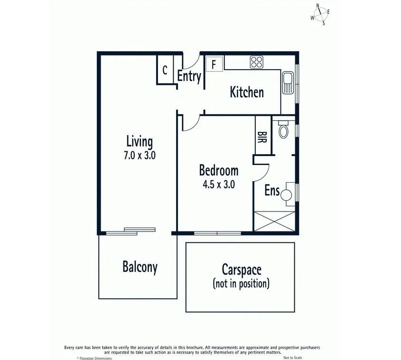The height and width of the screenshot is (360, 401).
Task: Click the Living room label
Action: coord(139,141)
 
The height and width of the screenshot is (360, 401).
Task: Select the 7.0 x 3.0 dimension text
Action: coord(139,155)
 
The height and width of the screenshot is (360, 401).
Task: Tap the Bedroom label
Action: coord(218,170)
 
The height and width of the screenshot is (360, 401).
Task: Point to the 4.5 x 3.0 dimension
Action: coord(218,184)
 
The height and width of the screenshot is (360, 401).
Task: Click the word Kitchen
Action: coord(246,92)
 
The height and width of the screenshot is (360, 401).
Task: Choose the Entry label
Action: coord(189,76)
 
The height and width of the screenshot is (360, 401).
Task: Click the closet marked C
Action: coord(165,70)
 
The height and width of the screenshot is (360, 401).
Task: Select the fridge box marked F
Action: coord(214,64)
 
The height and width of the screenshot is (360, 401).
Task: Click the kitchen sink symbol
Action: coord(288,83)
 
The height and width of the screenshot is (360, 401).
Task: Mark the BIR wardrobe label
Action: coord(262,137)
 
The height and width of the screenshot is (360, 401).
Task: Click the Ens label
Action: coord(271,191)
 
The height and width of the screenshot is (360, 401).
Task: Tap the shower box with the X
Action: coord(276,222)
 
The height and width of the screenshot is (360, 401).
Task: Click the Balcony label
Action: coord(140,267)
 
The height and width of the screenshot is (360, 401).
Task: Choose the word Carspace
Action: coord(241,270)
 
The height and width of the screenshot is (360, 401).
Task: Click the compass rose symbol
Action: coord(321,14)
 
